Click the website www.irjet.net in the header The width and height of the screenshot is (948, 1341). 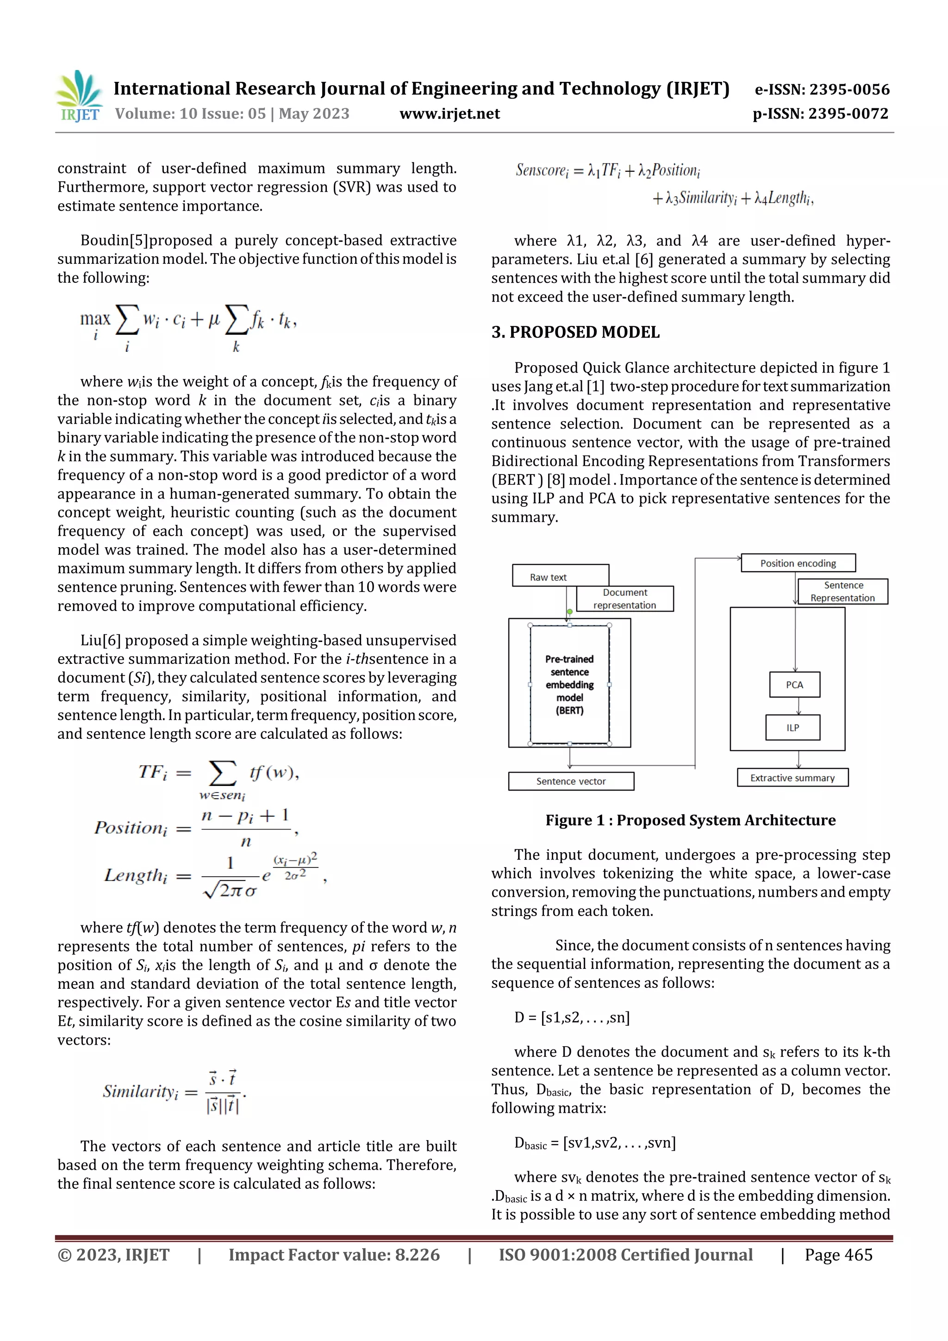[x=449, y=114]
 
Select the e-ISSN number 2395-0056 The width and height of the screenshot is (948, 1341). [x=822, y=89]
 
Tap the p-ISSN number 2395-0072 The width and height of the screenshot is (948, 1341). [x=820, y=114]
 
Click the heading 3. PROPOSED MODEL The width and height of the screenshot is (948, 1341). [x=575, y=332]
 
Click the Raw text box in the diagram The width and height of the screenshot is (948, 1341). [x=549, y=576]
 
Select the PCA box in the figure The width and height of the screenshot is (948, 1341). [x=794, y=685]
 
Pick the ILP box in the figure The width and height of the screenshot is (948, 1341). [x=792, y=728]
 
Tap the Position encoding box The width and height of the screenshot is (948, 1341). [x=798, y=563]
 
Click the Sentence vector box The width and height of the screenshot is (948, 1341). [x=571, y=781]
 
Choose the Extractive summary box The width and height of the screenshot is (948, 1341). [x=792, y=777]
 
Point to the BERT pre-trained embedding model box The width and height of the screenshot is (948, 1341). [x=569, y=685]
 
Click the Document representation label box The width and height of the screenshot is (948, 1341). [x=624, y=599]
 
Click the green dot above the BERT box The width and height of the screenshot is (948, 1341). [x=569, y=611]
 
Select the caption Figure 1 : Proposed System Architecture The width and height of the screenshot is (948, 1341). [x=691, y=820]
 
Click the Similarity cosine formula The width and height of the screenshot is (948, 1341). [x=174, y=1091]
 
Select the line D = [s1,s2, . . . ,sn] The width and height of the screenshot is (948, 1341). [x=572, y=1017]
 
